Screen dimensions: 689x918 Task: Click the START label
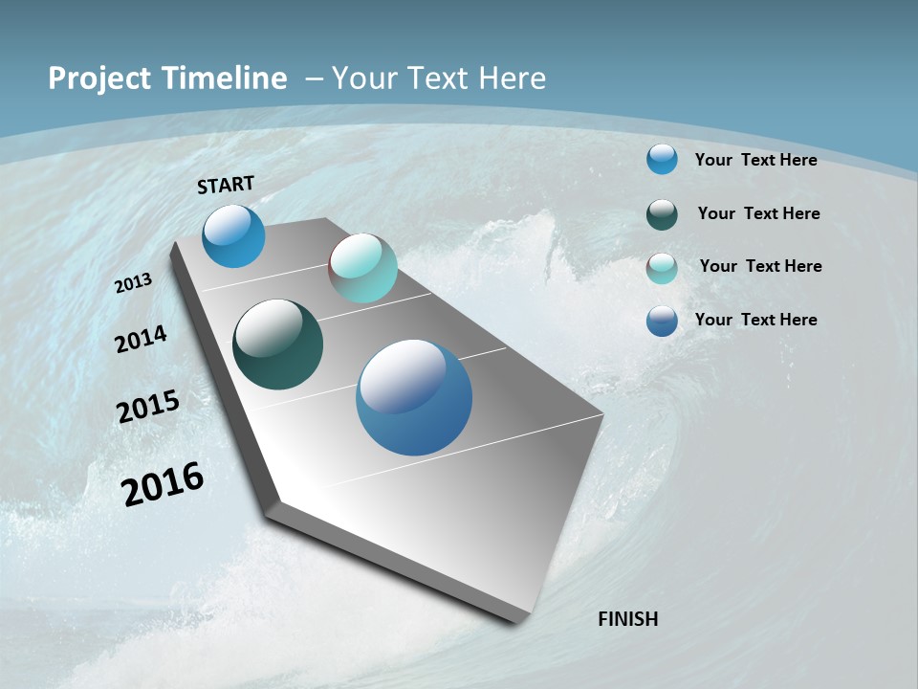226,185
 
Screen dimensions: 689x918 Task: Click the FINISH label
627,619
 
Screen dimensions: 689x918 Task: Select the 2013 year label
133,283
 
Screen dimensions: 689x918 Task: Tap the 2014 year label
141,339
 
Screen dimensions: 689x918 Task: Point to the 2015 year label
147,407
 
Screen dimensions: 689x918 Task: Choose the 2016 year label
163,484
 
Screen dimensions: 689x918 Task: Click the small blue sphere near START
233,235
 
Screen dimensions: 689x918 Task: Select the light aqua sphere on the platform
362,268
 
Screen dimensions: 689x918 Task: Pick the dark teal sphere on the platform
277,344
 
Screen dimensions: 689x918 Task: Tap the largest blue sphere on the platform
413,397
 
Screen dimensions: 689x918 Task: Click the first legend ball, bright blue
662,159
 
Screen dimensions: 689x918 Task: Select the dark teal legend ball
662,213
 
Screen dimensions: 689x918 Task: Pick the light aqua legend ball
662,267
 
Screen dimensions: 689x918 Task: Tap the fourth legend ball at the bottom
662,321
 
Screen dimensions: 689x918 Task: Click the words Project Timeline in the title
167,78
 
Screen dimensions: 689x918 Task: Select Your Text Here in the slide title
439,78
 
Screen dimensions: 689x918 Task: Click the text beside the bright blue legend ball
755,160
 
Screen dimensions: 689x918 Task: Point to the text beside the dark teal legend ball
758,213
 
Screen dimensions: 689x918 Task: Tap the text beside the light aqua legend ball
760,266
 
